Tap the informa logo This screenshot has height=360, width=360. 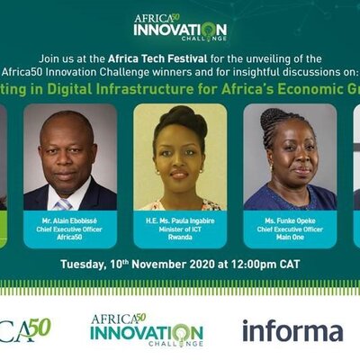(x=292, y=330)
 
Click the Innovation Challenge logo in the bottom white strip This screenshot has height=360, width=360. (x=147, y=330)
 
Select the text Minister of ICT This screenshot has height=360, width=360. (x=180, y=227)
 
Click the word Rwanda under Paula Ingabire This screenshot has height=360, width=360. (x=180, y=237)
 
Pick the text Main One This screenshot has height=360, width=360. (x=290, y=237)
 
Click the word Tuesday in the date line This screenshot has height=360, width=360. (x=86, y=264)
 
